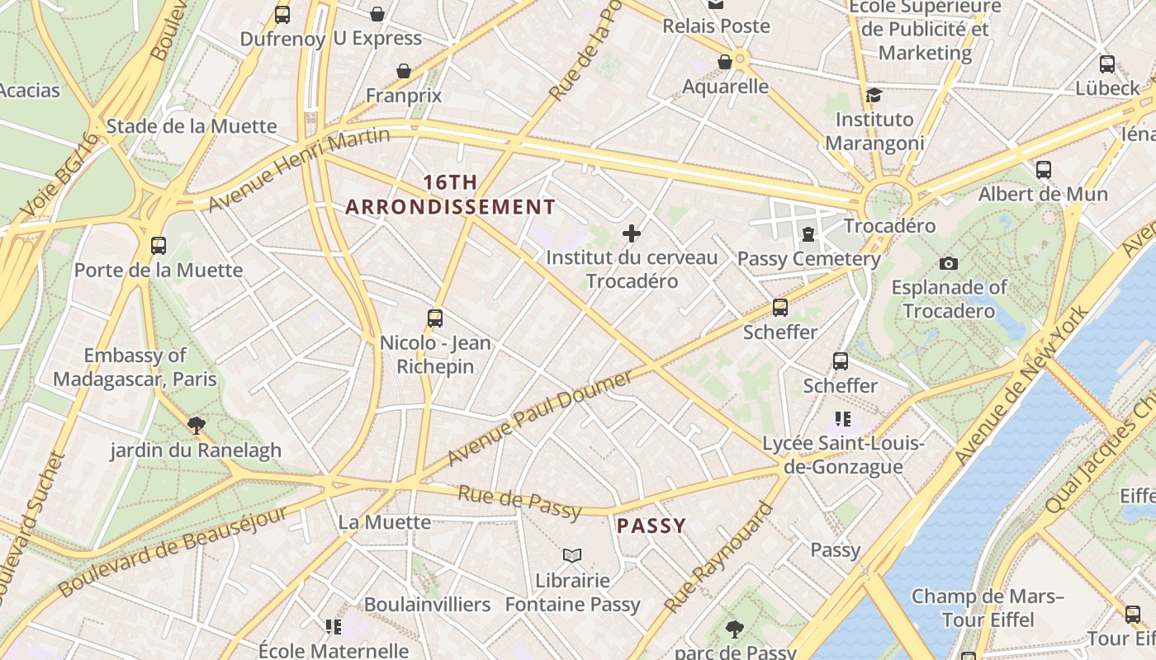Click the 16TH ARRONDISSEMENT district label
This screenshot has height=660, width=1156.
tap(450, 195)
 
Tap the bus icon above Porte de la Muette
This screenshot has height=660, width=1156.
tap(159, 246)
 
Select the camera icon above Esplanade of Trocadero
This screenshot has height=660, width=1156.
tap(949, 263)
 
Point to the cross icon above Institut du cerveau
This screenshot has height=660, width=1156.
tap(632, 233)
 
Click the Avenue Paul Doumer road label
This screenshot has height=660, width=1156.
tap(540, 417)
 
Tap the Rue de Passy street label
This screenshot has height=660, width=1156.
tap(519, 502)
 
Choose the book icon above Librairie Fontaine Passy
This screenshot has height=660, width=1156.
tap(572, 555)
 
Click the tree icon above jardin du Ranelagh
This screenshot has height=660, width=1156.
tap(197, 426)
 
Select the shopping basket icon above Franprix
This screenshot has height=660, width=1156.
tap(404, 72)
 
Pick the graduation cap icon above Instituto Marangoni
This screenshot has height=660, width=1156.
tap(874, 95)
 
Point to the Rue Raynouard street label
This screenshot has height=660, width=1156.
tap(719, 556)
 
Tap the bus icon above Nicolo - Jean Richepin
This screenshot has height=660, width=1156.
tap(435, 318)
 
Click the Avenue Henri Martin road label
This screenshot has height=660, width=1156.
tap(298, 169)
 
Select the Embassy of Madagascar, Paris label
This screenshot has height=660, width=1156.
tap(135, 367)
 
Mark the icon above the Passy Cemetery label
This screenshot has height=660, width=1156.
tap(808, 234)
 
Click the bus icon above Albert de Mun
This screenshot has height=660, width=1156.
tap(1044, 170)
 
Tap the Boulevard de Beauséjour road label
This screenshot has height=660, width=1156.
tap(173, 551)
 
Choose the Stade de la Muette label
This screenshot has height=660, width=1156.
tap(192, 126)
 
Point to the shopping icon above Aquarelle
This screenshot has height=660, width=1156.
tap(725, 62)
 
